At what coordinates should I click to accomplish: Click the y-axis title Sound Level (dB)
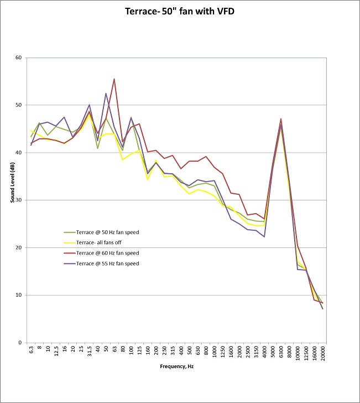(x=12, y=200)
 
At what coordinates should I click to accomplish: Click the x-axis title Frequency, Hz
(x=176, y=366)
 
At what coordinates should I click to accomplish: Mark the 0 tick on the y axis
(x=19, y=343)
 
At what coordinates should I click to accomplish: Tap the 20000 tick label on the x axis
(x=322, y=353)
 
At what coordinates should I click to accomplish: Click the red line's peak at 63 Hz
(x=114, y=79)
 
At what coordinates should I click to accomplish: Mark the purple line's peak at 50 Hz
(x=106, y=93)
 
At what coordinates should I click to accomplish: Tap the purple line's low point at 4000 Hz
(x=264, y=236)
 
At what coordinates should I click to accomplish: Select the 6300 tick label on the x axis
(x=281, y=352)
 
